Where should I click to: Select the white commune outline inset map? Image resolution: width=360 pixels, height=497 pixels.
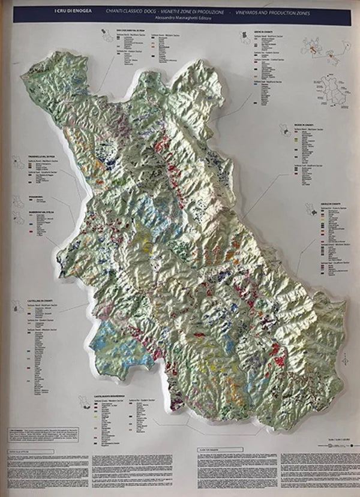(329, 89)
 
